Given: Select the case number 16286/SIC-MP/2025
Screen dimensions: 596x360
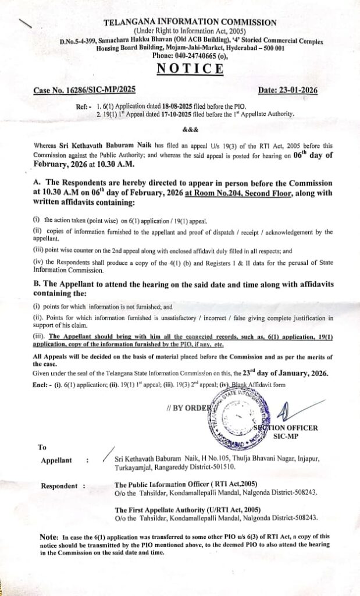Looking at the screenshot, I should tap(84, 91).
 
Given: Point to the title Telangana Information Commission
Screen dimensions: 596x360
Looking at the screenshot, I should tap(190, 23).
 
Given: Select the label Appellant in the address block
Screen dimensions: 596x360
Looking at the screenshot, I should tap(56, 460).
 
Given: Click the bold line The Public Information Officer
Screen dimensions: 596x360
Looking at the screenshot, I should tap(186, 484).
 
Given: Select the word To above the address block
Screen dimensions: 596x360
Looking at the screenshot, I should tap(42, 447).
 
